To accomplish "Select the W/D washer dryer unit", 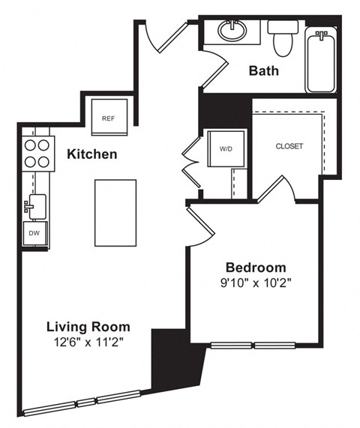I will point(226,148).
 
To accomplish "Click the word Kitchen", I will point(91,155).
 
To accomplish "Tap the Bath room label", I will point(264,71).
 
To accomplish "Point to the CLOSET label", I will point(289,146).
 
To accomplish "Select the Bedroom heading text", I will point(256,268).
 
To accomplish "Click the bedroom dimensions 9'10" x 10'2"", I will point(256,284).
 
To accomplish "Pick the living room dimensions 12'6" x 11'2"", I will point(88,343).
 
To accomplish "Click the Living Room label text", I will point(88,327).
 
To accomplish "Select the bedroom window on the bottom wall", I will point(254,346).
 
